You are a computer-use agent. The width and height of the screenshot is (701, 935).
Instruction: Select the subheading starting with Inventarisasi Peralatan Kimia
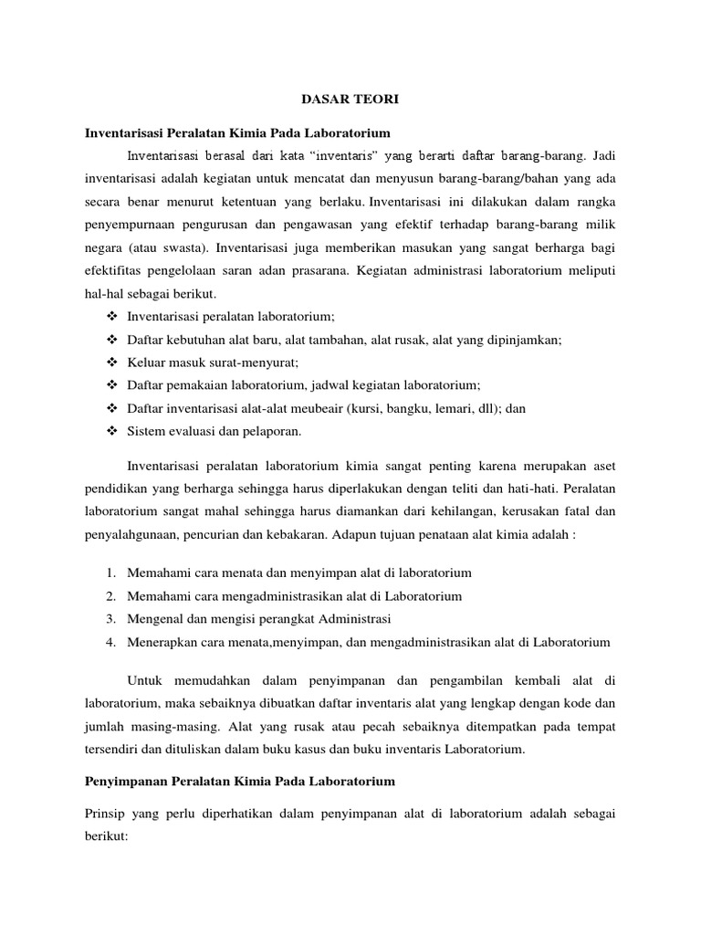pyautogui.click(x=239, y=133)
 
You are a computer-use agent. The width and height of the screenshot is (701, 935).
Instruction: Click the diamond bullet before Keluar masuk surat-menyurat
pyautogui.click(x=113, y=362)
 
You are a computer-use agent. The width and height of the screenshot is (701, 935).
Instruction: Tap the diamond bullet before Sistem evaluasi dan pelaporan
pyautogui.click(x=113, y=431)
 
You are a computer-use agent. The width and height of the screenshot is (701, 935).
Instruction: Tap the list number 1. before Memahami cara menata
pyautogui.click(x=110, y=573)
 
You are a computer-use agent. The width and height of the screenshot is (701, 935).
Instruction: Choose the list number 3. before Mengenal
pyautogui.click(x=110, y=619)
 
